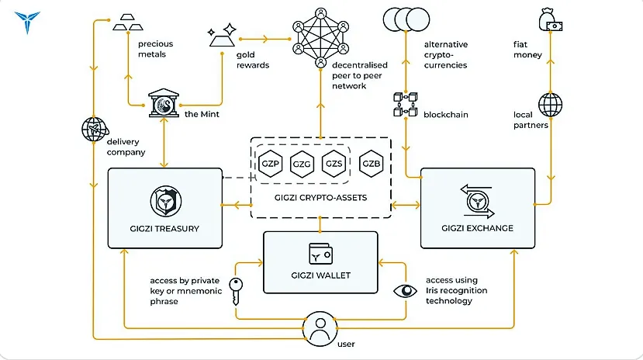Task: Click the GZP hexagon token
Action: [x=270, y=164]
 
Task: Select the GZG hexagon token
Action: [x=302, y=164]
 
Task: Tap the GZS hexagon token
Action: [x=334, y=164]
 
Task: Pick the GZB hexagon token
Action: [x=371, y=164]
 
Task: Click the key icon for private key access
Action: [x=236, y=292]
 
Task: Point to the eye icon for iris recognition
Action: [x=405, y=291]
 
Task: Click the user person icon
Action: [x=320, y=329]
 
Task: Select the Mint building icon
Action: [x=164, y=103]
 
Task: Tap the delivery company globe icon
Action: [x=95, y=129]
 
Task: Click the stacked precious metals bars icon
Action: [x=128, y=22]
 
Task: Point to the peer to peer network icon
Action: [x=320, y=38]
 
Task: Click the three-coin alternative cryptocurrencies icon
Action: [x=406, y=19]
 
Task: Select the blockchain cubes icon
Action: [x=405, y=104]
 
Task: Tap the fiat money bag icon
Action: [x=551, y=21]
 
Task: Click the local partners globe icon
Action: [x=551, y=105]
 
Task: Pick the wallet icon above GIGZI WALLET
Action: [x=320, y=254]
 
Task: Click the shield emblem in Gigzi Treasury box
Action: [x=166, y=201]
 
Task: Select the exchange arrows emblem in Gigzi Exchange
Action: [x=477, y=201]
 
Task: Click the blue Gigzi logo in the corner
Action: [x=27, y=22]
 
